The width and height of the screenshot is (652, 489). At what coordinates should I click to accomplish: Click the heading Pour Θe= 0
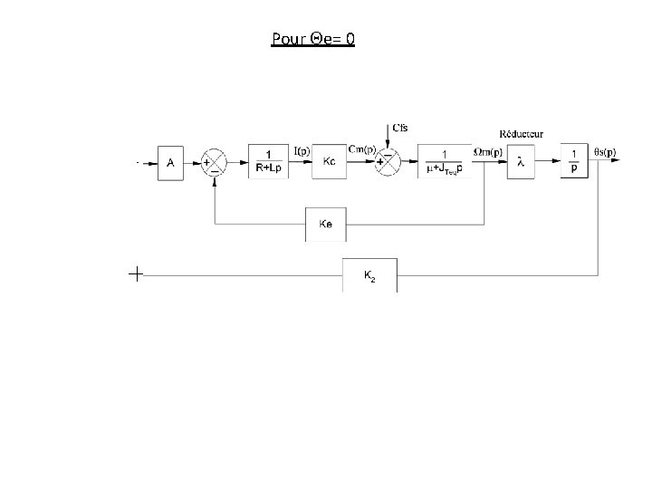point(312,39)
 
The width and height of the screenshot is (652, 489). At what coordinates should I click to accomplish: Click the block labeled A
point(170,163)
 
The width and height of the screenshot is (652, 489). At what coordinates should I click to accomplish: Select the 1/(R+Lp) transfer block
point(270,161)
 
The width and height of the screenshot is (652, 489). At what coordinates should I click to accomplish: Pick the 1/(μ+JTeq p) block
point(444,161)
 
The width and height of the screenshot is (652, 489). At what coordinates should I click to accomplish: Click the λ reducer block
point(520,162)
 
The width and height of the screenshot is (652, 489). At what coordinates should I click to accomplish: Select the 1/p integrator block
point(574,161)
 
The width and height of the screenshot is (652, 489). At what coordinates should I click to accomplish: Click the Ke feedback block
point(326,224)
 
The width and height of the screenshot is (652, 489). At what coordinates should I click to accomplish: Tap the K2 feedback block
point(369,274)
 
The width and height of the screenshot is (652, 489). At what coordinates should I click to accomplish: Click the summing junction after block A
point(214,163)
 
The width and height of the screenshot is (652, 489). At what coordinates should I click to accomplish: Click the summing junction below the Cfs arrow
point(387,163)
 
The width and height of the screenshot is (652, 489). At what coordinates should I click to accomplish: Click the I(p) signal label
point(303,150)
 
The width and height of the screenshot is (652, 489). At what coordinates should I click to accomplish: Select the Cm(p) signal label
point(363,150)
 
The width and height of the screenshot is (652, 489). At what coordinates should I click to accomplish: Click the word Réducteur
point(522,134)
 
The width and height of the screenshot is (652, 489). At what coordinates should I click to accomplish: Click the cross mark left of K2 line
point(135,273)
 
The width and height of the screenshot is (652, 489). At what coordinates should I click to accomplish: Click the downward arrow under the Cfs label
point(387,142)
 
